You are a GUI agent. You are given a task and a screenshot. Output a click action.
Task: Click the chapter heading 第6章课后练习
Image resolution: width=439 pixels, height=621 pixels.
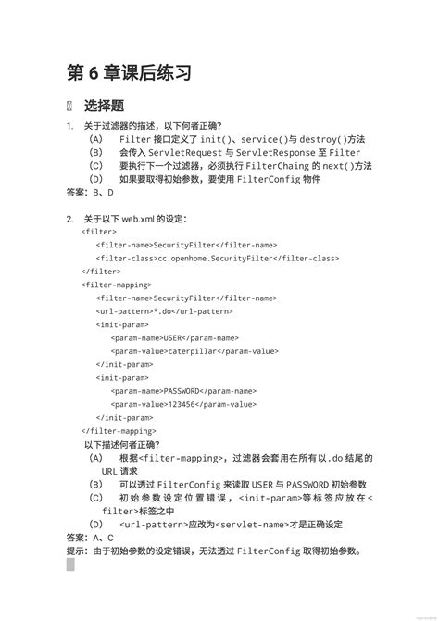pyautogui.click(x=129, y=72)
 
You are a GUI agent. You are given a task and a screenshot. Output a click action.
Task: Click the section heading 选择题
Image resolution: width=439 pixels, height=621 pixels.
pyautogui.click(x=104, y=106)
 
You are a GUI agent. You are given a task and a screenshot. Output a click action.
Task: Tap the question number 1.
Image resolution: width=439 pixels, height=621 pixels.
pyautogui.click(x=69, y=126)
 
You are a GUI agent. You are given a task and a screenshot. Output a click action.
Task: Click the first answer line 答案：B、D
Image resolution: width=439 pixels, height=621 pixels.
pyautogui.click(x=91, y=193)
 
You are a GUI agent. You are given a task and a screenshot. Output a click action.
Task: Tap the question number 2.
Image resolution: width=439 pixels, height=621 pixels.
pyautogui.click(x=69, y=220)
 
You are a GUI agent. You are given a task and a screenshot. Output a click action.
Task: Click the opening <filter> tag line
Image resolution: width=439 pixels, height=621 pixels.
pyautogui.click(x=98, y=232)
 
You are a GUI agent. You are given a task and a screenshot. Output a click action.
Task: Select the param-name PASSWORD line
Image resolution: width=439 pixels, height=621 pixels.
pyautogui.click(x=183, y=391)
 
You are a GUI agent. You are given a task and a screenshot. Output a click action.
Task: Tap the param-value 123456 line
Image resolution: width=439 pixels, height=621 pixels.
pyautogui.click(x=183, y=404)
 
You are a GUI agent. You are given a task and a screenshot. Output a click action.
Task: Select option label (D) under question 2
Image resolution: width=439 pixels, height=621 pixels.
pyautogui.click(x=96, y=525)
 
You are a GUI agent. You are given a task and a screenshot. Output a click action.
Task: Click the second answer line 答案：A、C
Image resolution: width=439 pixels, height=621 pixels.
pyautogui.click(x=91, y=538)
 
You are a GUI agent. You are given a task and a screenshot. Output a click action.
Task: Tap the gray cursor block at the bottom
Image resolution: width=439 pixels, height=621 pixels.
pyautogui.click(x=70, y=564)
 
